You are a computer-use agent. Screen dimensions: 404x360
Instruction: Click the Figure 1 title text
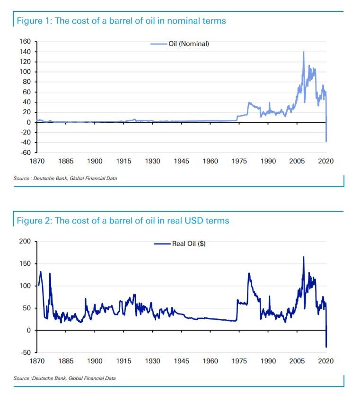121,21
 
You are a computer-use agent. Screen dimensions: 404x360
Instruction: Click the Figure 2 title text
123,221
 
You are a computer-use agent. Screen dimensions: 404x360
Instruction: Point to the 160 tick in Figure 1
26,42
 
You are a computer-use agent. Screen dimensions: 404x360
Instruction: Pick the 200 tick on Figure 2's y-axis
26,242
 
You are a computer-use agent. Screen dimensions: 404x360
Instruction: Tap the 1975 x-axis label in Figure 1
239,162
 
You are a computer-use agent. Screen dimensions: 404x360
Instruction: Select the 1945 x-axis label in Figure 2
182,361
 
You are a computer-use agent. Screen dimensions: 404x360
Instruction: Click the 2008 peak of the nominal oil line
303,52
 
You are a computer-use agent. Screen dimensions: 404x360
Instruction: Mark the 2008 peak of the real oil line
303,257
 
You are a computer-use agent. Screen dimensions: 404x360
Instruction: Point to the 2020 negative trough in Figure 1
326,141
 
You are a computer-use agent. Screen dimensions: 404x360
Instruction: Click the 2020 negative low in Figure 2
326,347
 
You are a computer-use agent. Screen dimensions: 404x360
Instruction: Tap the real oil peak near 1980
249,273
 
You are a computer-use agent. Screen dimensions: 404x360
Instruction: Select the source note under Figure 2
64,378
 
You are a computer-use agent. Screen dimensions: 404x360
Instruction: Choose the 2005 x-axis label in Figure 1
297,162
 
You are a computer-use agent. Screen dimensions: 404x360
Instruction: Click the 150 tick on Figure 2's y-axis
26,264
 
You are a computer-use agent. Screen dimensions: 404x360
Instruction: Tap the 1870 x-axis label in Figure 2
37,361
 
